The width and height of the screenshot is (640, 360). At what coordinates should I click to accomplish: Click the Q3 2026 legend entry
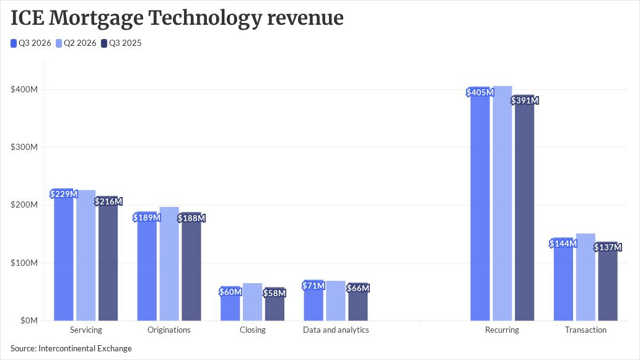[31, 43]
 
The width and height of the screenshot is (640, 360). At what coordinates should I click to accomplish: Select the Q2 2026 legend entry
[76, 43]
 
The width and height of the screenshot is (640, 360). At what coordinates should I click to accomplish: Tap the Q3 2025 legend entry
[121, 43]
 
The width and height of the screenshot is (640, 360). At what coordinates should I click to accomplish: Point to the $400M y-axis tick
[24, 89]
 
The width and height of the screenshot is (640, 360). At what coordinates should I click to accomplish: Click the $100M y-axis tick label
[24, 263]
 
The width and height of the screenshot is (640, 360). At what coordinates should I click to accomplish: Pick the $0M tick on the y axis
[29, 321]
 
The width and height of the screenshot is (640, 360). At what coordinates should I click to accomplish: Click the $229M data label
[64, 194]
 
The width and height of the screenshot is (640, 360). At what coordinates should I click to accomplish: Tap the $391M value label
[525, 100]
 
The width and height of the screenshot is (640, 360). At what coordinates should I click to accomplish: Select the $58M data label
[274, 293]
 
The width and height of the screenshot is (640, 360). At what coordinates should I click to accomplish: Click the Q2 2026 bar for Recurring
[502, 203]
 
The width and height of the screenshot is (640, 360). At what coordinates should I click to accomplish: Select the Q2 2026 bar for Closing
[253, 302]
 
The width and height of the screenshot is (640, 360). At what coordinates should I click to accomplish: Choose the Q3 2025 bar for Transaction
[608, 281]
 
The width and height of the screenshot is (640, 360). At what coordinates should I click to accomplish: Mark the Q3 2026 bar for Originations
[147, 266]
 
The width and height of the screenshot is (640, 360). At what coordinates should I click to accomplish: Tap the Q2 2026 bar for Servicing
[85, 255]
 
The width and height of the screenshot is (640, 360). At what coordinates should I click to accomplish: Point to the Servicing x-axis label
[85, 330]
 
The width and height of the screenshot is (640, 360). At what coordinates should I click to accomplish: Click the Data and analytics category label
[336, 330]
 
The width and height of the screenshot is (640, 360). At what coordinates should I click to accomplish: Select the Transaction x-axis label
[585, 330]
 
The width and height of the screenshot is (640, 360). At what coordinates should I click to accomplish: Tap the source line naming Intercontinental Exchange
[71, 349]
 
